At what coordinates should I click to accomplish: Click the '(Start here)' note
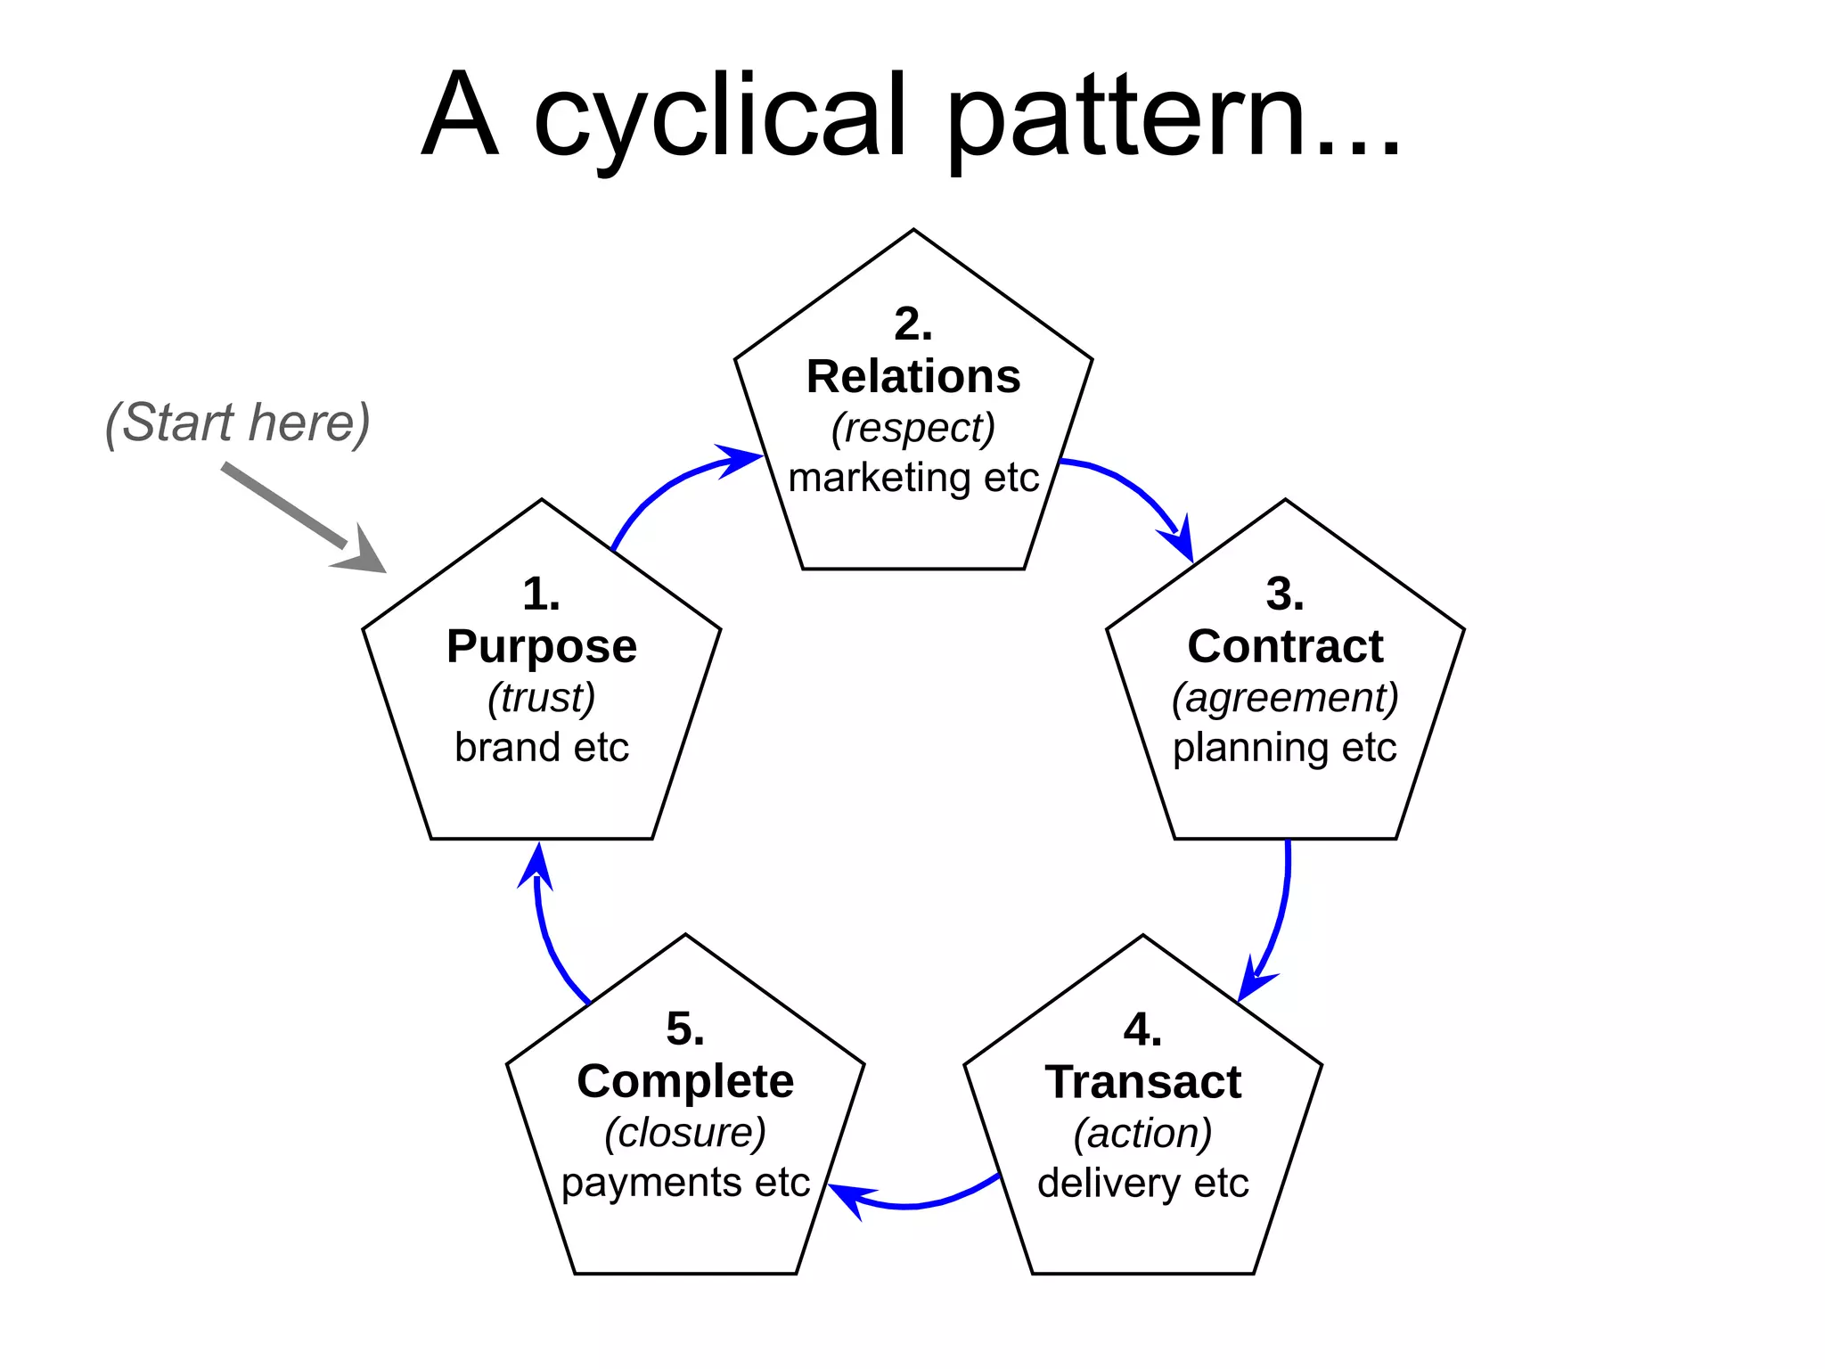coord(238,422)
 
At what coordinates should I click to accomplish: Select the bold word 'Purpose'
coord(542,646)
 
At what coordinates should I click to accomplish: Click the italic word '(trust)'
coord(542,697)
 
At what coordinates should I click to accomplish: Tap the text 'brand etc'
coord(542,747)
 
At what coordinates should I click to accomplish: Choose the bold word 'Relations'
coord(913,376)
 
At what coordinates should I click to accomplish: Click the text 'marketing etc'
coord(913,478)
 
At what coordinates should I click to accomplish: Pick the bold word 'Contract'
coord(1285,646)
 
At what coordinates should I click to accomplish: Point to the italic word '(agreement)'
coord(1285,697)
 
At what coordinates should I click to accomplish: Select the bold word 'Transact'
coord(1143,1082)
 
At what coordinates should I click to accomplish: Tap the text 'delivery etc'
coord(1143,1183)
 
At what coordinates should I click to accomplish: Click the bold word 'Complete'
coord(685,1082)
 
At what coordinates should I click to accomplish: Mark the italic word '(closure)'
coord(685,1133)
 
